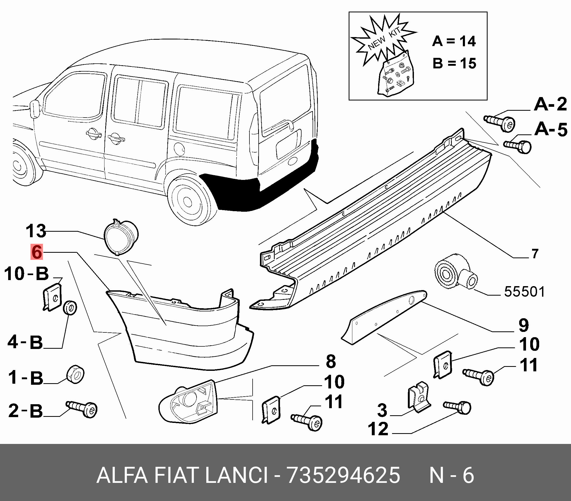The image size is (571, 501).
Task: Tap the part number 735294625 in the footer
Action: [x=343, y=475]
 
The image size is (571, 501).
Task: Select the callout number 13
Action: [x=36, y=231]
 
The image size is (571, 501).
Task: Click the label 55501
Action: [x=524, y=292]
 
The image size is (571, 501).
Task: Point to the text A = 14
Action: [x=454, y=41]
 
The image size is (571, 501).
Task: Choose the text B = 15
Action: [x=454, y=63]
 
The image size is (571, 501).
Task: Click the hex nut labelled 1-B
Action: [x=76, y=374]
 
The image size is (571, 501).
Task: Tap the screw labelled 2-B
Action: [x=82, y=409]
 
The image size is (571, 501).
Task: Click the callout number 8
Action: [x=331, y=361]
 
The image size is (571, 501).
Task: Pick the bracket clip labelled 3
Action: [x=418, y=397]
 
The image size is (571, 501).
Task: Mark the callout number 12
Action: [x=378, y=429]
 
